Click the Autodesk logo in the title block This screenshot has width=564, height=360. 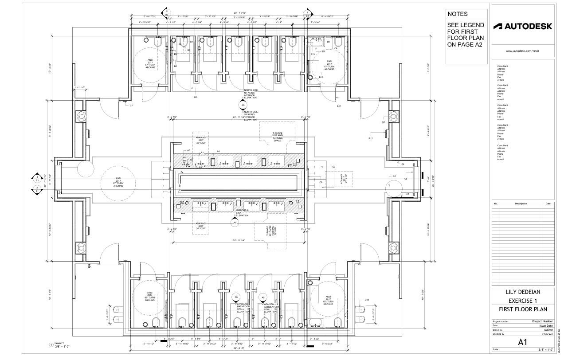523,26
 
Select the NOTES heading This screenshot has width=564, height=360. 457,14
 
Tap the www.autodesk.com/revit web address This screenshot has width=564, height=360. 523,51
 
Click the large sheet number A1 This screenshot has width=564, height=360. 523,342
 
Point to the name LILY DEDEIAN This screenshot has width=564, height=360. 523,292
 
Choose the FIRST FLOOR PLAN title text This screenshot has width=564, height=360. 523,309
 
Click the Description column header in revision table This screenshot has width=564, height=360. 521,203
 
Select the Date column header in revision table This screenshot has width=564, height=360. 548,203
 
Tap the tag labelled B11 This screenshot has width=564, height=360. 339,106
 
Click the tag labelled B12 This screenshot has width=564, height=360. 371,139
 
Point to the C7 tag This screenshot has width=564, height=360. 131,106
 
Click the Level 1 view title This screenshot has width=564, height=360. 59,343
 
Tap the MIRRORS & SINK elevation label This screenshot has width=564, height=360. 242,211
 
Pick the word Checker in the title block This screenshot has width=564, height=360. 547,334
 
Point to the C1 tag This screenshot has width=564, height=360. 384,121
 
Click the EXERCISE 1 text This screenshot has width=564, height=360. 523,301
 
